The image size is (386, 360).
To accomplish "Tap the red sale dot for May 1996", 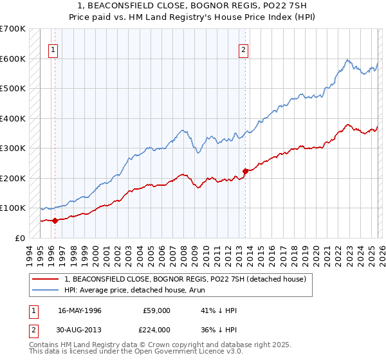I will click(55, 221).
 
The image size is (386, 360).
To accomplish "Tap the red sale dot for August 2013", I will click(245, 171).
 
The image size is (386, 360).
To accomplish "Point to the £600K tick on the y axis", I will click(14, 59).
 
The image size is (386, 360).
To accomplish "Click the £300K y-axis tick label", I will click(14, 148).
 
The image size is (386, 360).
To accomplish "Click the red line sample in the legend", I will click(46, 279).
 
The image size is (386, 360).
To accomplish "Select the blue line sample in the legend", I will click(46, 290).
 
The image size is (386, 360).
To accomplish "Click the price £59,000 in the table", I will click(157, 310).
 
